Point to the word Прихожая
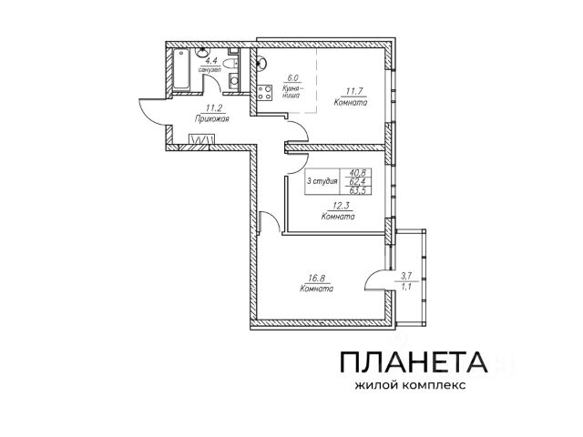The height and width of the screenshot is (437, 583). tap(210, 118)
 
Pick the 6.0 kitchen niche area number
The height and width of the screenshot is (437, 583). tap(293, 78)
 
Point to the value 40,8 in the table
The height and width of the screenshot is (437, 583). tap(359, 172)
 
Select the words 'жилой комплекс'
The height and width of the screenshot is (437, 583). tap(413, 385)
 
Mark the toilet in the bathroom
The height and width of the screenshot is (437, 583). tap(233, 81)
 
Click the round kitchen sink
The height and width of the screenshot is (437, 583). tap(261, 63)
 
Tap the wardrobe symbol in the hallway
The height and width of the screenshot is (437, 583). tap(201, 139)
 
